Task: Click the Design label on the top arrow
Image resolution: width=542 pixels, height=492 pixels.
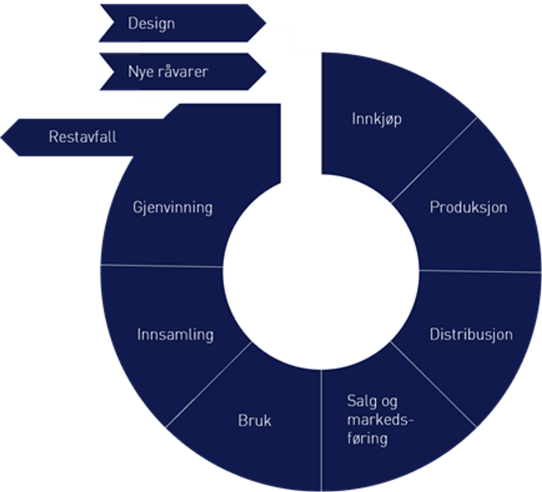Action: (151, 24)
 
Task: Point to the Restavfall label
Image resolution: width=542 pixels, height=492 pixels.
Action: (83, 137)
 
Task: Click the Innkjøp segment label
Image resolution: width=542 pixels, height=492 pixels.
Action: (377, 119)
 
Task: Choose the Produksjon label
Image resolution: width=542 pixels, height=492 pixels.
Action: (468, 207)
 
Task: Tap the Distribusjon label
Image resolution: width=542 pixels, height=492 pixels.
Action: (471, 334)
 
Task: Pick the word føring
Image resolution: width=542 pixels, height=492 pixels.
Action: (367, 438)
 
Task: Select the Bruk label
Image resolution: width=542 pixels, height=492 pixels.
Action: (254, 421)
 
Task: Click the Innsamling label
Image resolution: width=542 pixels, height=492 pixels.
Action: (175, 334)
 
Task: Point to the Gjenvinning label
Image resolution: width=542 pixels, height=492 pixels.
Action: (173, 207)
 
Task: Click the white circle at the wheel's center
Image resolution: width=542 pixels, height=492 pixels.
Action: (321, 272)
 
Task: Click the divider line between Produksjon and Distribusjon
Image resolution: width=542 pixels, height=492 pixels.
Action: (480, 272)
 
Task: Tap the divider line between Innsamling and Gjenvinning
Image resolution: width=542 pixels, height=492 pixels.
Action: (161, 265)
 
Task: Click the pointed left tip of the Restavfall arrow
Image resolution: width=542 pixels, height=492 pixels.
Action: (2, 137)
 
